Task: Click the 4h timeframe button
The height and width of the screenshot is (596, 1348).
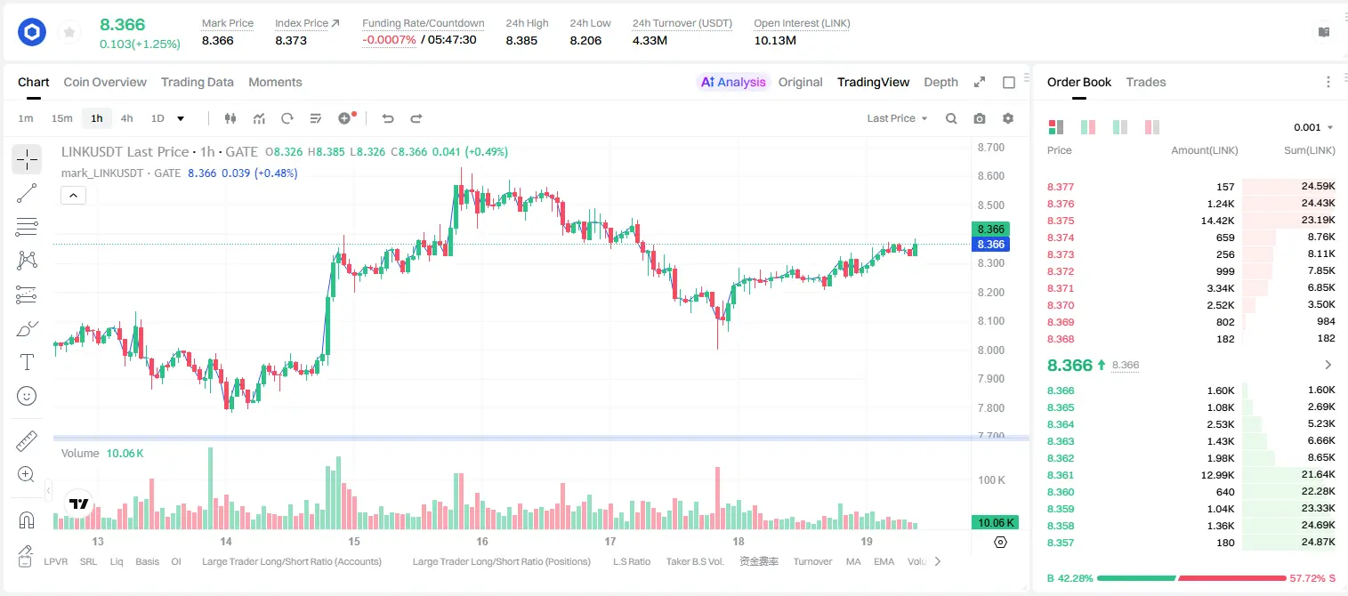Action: pyautogui.click(x=126, y=118)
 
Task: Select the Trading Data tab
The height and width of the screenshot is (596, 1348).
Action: pyautogui.click(x=197, y=82)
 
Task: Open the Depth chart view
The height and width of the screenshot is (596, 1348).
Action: pyautogui.click(x=940, y=82)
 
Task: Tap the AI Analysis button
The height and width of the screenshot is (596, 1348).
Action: pyautogui.click(x=733, y=82)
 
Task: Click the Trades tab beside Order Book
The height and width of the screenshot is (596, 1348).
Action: pyautogui.click(x=1145, y=82)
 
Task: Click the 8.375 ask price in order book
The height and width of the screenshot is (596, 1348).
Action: pyautogui.click(x=1061, y=221)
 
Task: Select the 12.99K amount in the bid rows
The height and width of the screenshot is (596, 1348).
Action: pyautogui.click(x=1217, y=475)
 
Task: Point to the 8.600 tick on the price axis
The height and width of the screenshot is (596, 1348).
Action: pyautogui.click(x=990, y=176)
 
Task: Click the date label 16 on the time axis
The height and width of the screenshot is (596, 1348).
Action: pyautogui.click(x=482, y=542)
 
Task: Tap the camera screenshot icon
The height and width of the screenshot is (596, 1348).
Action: pyautogui.click(x=979, y=118)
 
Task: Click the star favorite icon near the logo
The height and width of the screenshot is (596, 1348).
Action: pyautogui.click(x=69, y=32)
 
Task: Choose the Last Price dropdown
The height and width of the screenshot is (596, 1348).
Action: pyautogui.click(x=897, y=118)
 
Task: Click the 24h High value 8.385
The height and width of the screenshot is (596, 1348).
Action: pyautogui.click(x=521, y=40)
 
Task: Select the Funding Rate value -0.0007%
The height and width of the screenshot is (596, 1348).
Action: pyautogui.click(x=389, y=40)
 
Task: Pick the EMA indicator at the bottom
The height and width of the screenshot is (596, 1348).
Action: pyautogui.click(x=884, y=561)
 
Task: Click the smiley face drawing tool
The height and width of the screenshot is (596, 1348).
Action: pyautogui.click(x=27, y=396)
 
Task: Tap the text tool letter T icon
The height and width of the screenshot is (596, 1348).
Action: pyautogui.click(x=27, y=362)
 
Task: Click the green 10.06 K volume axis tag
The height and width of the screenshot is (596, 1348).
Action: pyautogui.click(x=995, y=523)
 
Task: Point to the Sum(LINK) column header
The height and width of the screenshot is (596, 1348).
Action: pyautogui.click(x=1309, y=150)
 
